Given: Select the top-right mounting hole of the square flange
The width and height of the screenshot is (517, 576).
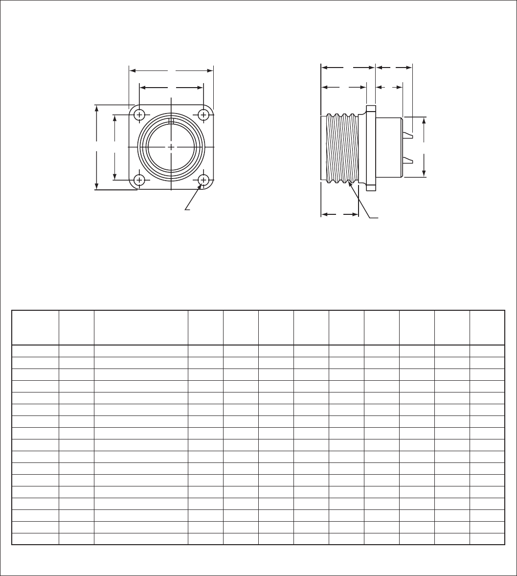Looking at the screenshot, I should (x=203, y=115).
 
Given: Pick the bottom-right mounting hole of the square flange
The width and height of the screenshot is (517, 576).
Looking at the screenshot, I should (x=203, y=180).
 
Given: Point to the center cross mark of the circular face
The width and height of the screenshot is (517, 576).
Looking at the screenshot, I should (x=171, y=147).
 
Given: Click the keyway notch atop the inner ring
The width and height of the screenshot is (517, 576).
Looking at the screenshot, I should (x=171, y=121).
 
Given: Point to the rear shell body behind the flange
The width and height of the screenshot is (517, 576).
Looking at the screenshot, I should (x=389, y=147).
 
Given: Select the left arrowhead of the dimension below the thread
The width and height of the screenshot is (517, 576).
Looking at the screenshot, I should (x=323, y=214).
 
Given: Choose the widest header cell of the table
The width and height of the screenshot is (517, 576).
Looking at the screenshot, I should (x=141, y=327).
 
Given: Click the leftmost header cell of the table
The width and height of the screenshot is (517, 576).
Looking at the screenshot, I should (x=35, y=327).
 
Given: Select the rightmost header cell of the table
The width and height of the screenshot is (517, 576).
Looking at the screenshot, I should (x=487, y=327).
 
